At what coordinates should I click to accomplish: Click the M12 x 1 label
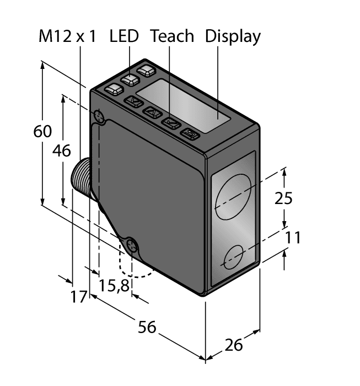(x=67, y=36)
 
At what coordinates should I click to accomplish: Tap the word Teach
(x=172, y=36)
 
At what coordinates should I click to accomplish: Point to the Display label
(x=233, y=36)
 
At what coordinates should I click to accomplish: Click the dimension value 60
(x=42, y=132)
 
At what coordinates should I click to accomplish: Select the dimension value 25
(x=283, y=198)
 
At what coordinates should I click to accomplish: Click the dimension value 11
(x=294, y=238)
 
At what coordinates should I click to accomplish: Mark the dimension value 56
(x=147, y=327)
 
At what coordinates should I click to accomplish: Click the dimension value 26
(x=234, y=345)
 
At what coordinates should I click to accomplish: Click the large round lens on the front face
(x=233, y=197)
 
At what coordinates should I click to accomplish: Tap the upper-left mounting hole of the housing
(x=99, y=116)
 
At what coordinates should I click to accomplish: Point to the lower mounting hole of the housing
(x=132, y=246)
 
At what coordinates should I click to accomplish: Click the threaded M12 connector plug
(x=81, y=179)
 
